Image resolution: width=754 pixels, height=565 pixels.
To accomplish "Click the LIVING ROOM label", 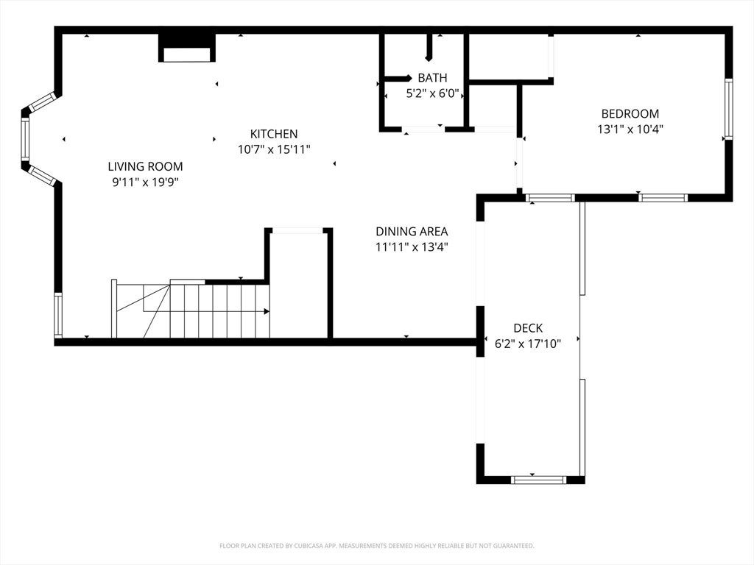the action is (x=145, y=167).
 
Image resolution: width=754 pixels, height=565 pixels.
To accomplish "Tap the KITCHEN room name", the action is (x=274, y=134).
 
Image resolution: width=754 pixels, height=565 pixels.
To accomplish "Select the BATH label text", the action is (x=432, y=78).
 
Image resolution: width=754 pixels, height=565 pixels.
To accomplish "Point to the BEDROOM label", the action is (x=630, y=114).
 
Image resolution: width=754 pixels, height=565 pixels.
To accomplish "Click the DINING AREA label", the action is (x=412, y=232).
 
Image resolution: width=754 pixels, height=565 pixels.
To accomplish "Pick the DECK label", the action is (x=528, y=328).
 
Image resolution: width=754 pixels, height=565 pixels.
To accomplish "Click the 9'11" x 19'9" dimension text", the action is (x=145, y=182).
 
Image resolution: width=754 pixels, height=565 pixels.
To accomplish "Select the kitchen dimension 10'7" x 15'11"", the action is (x=274, y=149).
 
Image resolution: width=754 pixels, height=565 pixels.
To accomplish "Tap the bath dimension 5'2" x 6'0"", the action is (x=432, y=93).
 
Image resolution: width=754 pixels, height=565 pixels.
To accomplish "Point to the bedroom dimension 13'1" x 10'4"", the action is (x=630, y=129).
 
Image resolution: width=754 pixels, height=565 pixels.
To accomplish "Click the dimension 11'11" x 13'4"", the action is (x=412, y=247).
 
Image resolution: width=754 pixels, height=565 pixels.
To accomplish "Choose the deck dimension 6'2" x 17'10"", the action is (x=528, y=344).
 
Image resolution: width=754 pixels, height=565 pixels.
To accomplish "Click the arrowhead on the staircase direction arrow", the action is (x=267, y=311).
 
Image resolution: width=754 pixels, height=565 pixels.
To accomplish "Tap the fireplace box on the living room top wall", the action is (x=187, y=48).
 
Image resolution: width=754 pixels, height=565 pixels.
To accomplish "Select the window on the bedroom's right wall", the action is (x=728, y=109).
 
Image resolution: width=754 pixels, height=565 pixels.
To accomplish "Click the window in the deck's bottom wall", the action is (x=538, y=480).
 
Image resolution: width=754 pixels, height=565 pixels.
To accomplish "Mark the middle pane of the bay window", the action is (x=24, y=139).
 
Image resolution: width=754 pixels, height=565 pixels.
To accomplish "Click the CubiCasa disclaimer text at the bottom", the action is (x=376, y=546).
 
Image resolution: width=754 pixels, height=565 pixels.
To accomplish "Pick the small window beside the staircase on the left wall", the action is (x=57, y=315).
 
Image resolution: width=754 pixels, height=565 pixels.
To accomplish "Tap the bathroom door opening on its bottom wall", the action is (x=423, y=129).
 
